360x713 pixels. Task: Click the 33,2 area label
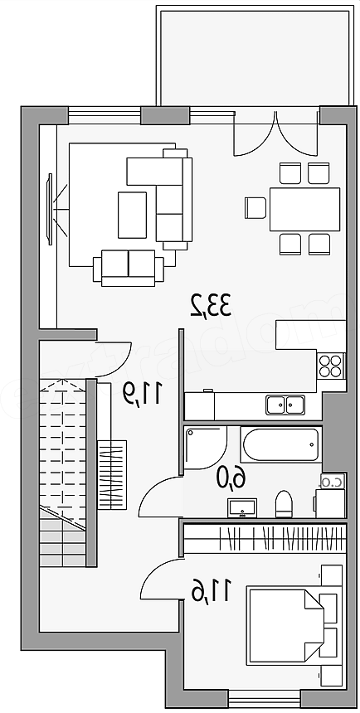[x=212, y=305]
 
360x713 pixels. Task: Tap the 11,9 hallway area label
[x=142, y=393]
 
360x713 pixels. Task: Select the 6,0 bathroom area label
[x=231, y=478]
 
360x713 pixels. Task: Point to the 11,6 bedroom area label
[x=212, y=590]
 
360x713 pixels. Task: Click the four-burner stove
[x=330, y=366]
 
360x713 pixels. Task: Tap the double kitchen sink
[x=285, y=405]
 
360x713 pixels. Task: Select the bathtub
[x=281, y=444]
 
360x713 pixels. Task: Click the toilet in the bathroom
[x=284, y=504]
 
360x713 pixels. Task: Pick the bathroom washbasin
[x=242, y=507]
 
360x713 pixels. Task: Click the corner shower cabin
[x=206, y=448]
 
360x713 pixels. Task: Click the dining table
[x=305, y=209]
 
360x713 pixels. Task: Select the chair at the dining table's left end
[x=255, y=208]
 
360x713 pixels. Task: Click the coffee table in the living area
[x=132, y=215]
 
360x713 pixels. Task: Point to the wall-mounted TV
[x=49, y=209]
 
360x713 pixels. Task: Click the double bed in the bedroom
[x=285, y=627]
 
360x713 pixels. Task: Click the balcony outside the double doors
[x=255, y=57]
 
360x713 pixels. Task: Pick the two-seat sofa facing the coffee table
[x=129, y=269]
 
